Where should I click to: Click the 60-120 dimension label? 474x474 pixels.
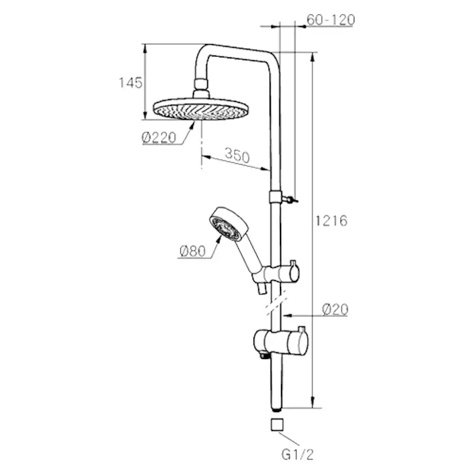pyautogui.click(x=330, y=20)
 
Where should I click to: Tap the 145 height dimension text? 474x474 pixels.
pyautogui.click(x=131, y=83)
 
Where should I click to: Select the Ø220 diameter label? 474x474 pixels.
pyautogui.click(x=159, y=138)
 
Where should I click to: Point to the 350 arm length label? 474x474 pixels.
pyautogui.click(x=238, y=155)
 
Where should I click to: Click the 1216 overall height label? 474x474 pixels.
pyautogui.click(x=331, y=221)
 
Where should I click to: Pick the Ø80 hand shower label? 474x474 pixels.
pyautogui.click(x=192, y=251)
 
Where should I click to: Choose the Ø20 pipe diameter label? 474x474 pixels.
pyautogui.click(x=335, y=310)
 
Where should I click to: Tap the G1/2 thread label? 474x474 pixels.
pyautogui.click(x=298, y=455)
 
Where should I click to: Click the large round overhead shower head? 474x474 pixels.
pyautogui.click(x=201, y=109)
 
